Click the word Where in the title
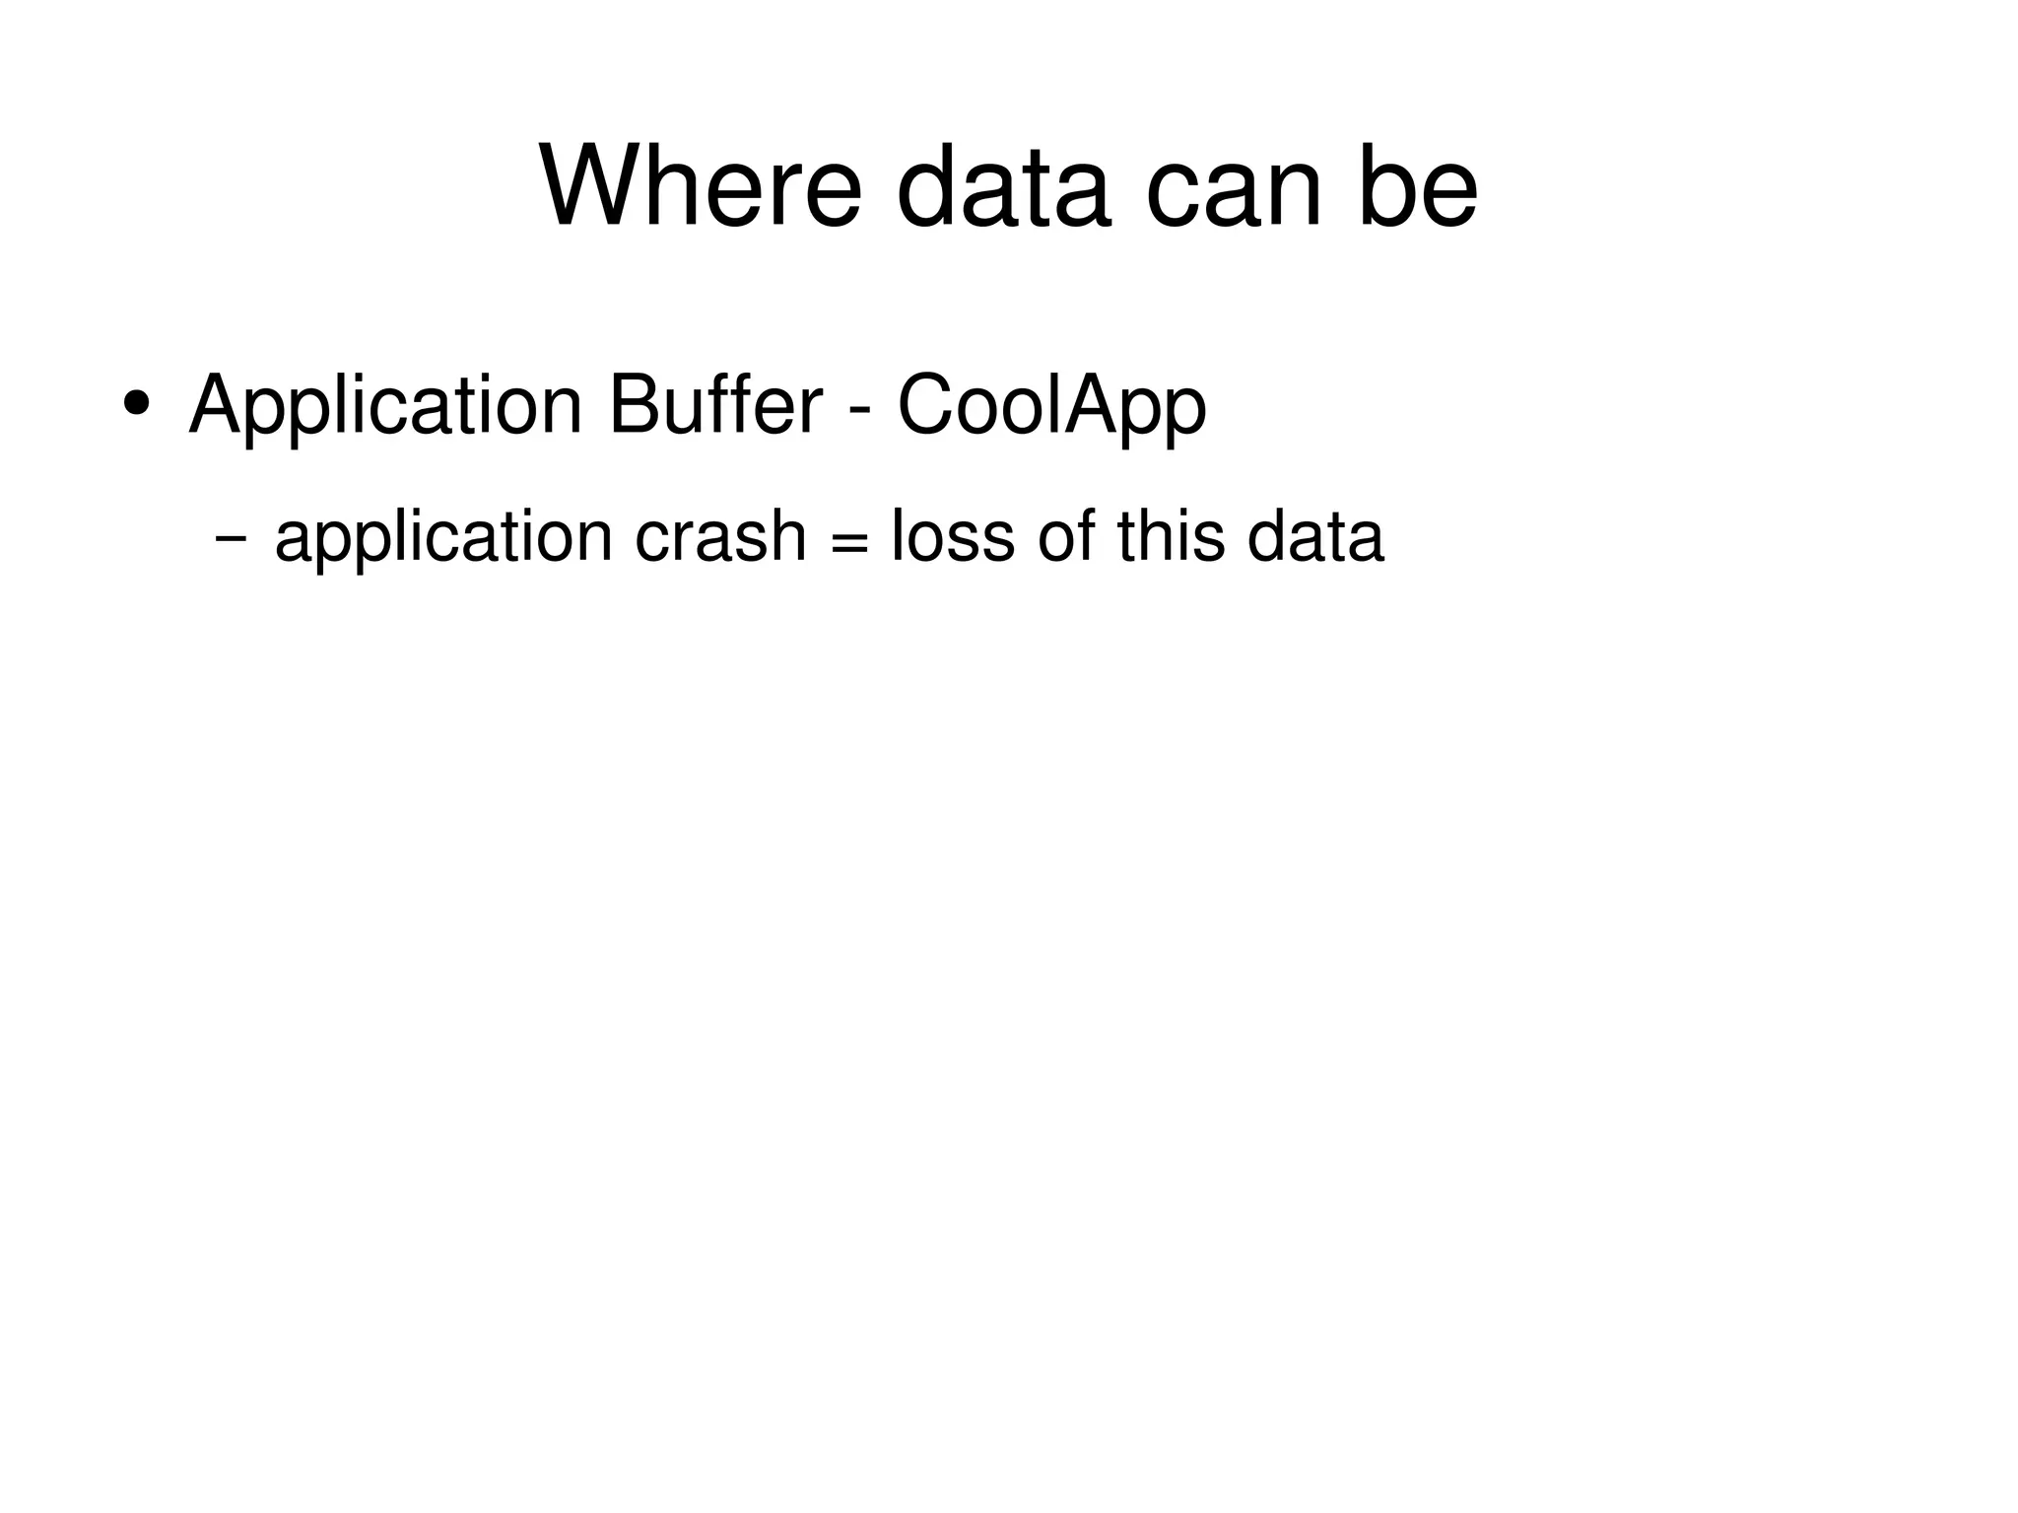[701, 186]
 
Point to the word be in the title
[1418, 186]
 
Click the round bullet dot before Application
[135, 404]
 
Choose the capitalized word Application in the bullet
[385, 406]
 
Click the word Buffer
[715, 404]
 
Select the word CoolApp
[1051, 406]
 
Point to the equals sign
[848, 544]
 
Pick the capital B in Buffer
[632, 404]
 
